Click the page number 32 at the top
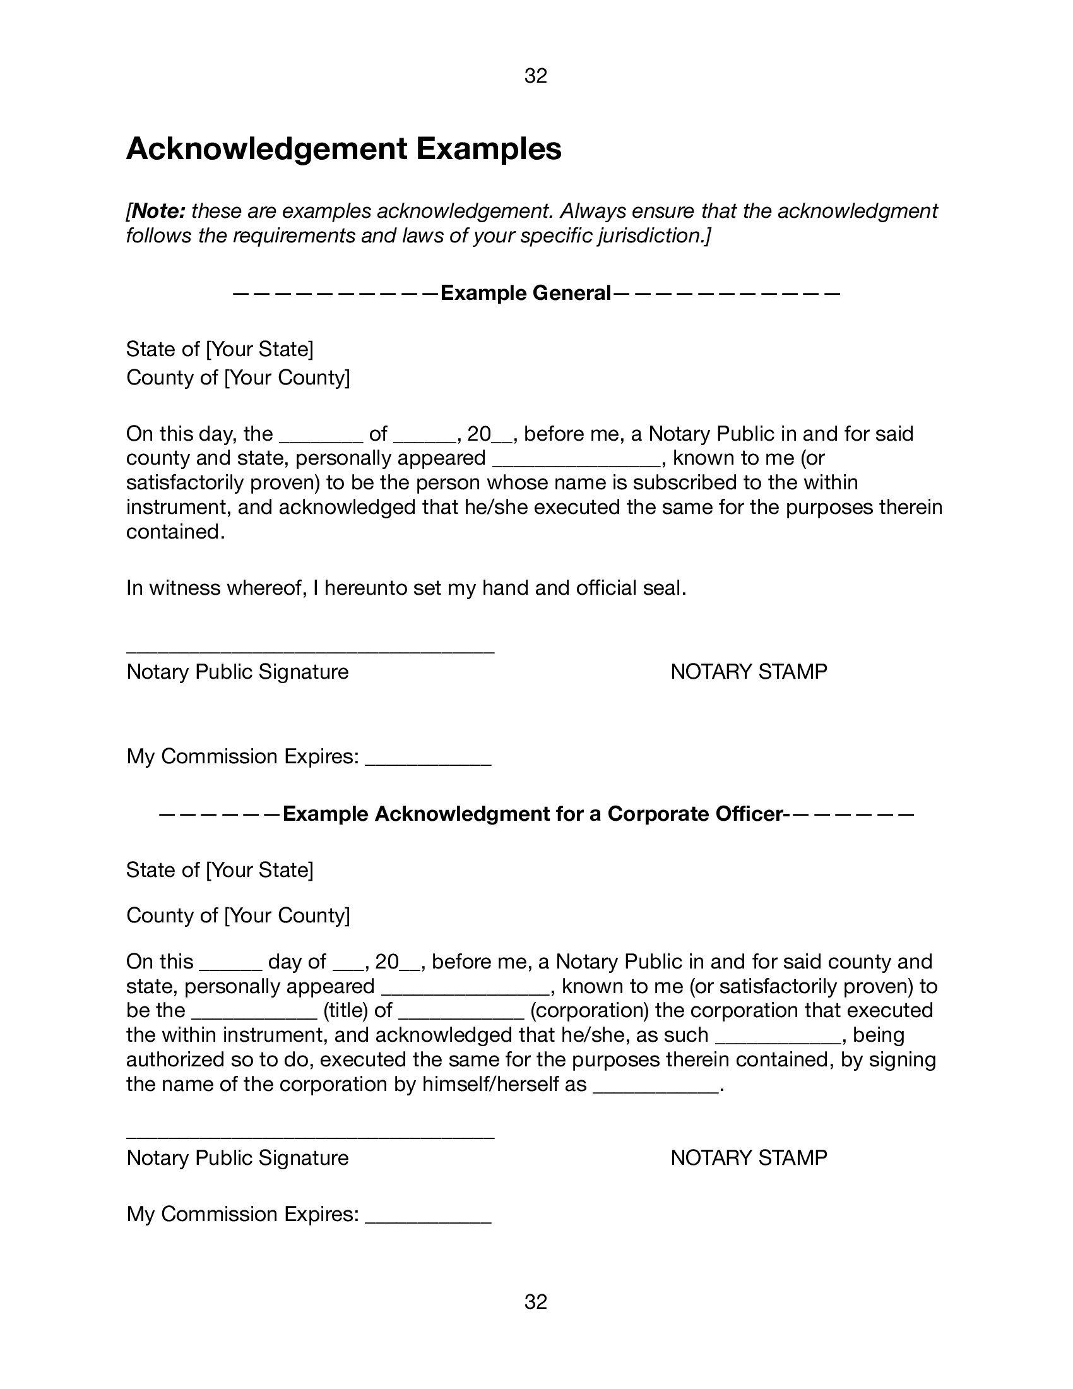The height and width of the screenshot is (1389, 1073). [535, 76]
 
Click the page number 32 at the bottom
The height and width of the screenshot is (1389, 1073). [535, 1302]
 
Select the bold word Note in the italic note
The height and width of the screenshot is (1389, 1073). [159, 210]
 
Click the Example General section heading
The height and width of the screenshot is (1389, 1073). [525, 293]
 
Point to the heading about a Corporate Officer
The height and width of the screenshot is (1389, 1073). [533, 814]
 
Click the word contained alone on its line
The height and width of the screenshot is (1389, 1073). [175, 532]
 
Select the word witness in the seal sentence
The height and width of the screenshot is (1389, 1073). [184, 588]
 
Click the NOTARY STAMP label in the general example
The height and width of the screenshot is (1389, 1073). [748, 672]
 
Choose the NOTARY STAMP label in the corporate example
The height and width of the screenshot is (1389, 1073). [748, 1157]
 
